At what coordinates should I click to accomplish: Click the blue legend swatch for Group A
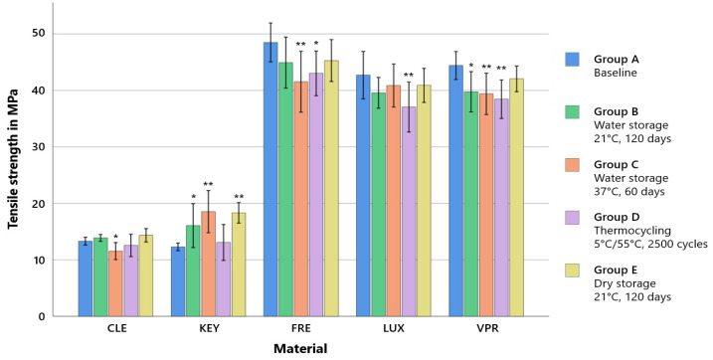[573, 59]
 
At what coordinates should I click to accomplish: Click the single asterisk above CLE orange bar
[115, 237]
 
